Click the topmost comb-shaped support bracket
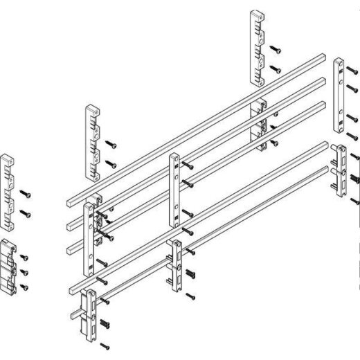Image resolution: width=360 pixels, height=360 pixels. tap(255, 47)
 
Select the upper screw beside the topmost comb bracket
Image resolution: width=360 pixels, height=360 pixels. tap(276, 50)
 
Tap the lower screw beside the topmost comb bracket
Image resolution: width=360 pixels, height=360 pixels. tap(276, 69)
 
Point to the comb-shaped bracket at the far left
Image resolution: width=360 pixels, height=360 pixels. tap(8, 191)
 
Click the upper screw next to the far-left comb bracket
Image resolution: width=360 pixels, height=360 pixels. tap(25, 192)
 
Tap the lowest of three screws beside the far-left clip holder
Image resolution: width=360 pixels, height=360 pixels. tap(24, 286)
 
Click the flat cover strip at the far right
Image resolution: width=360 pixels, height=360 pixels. tap(340, 96)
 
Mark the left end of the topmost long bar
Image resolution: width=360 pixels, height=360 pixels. tap(70, 201)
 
